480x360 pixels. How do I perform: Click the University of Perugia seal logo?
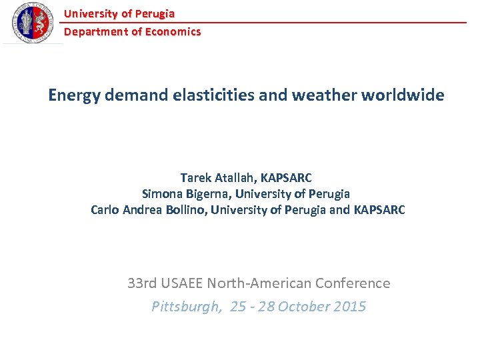point(32,23)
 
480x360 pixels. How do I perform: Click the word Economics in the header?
point(175,31)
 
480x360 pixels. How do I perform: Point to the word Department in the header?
point(93,31)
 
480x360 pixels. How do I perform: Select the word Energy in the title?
point(73,95)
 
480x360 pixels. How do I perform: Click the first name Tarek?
point(195,178)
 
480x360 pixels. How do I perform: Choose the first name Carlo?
point(107,210)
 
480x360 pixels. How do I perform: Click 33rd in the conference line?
point(142,283)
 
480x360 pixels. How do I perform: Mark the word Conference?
point(353,283)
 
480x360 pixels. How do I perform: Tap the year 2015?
point(350,307)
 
